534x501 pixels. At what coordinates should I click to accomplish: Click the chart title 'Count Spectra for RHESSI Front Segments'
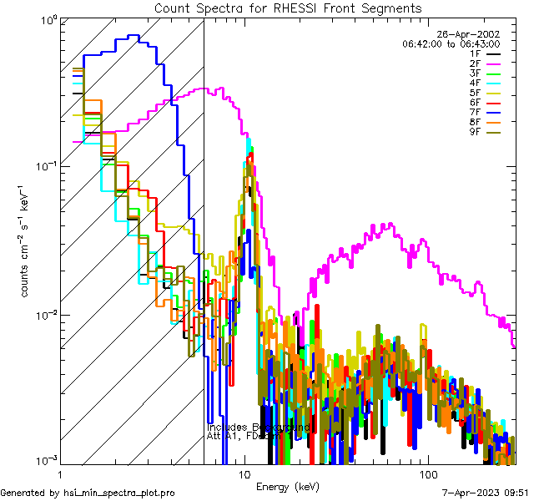tap(288, 8)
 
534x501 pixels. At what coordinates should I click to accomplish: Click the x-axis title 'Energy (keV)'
tap(287, 486)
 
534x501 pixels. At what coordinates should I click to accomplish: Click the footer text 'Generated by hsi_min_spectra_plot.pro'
tap(88, 493)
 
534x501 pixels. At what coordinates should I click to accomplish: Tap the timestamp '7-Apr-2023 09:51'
tap(482, 493)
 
